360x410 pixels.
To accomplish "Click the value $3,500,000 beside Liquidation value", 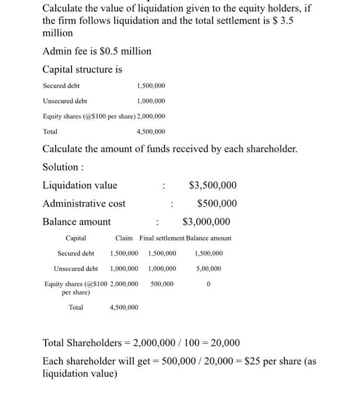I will (x=213, y=186).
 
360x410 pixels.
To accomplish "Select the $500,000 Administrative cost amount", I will (x=217, y=204).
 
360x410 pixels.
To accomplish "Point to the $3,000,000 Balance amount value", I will (x=206, y=222).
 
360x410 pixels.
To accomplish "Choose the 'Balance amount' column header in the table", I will (x=209, y=238).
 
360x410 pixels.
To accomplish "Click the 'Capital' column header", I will (x=76, y=238).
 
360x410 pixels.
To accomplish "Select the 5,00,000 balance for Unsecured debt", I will (x=209, y=269).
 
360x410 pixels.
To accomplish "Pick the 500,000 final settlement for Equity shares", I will (x=162, y=284).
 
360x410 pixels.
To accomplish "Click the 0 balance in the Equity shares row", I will (x=209, y=284).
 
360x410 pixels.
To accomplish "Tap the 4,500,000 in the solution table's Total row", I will (x=124, y=307).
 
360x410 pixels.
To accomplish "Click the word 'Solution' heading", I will (x=61, y=167).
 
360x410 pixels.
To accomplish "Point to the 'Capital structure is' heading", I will (x=83, y=70).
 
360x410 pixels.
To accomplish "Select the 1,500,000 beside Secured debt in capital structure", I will (x=150, y=86).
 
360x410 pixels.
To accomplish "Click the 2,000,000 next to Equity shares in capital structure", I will (x=150, y=116).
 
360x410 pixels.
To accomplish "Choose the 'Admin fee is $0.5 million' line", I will (x=97, y=52).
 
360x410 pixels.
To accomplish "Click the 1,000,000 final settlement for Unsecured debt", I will (x=162, y=269).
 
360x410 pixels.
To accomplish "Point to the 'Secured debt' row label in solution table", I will (x=76, y=254).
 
